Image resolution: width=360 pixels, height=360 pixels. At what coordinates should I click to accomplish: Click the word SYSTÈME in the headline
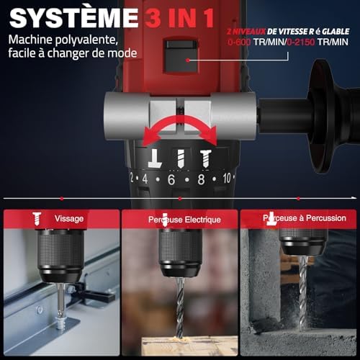(x=73, y=17)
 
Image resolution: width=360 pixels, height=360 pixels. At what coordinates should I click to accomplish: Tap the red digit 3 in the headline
(x=154, y=17)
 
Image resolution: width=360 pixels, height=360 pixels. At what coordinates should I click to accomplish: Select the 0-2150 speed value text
(x=301, y=42)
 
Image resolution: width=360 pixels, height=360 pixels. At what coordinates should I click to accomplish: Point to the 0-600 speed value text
(x=239, y=42)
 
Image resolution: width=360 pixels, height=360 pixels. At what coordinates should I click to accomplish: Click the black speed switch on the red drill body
(x=180, y=56)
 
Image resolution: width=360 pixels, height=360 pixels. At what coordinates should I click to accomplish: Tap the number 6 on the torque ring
(x=171, y=179)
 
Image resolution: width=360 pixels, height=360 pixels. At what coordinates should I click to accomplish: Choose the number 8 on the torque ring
(x=201, y=179)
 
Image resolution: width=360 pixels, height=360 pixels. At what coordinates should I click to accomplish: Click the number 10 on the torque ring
(x=227, y=179)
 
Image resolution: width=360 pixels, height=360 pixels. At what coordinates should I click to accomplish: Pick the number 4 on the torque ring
(x=145, y=179)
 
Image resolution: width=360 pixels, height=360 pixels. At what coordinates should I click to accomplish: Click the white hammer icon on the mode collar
(x=154, y=158)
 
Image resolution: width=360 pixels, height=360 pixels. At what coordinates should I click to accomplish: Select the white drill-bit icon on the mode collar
(x=181, y=158)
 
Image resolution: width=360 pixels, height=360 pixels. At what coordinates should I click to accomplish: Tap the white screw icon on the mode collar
(x=206, y=158)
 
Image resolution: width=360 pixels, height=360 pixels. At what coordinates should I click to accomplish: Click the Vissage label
(x=69, y=219)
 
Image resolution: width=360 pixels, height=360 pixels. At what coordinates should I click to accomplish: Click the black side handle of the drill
(x=312, y=117)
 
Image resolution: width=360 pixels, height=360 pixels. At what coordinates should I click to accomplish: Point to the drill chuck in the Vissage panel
(x=60, y=256)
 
